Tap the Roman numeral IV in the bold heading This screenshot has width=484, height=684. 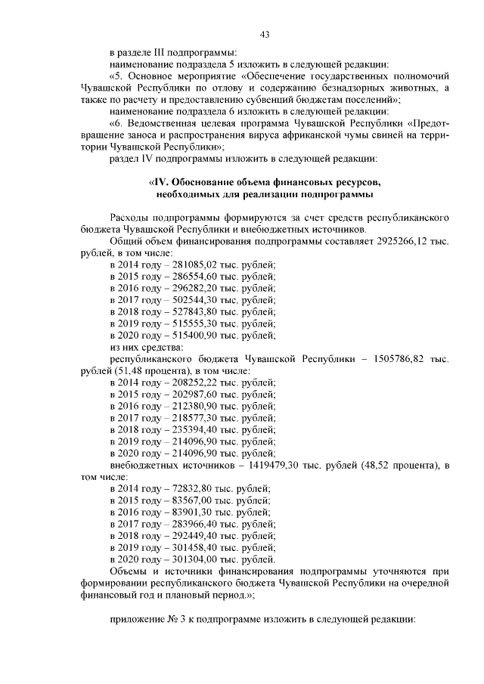[x=160, y=182]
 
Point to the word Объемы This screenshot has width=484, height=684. [x=129, y=571]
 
